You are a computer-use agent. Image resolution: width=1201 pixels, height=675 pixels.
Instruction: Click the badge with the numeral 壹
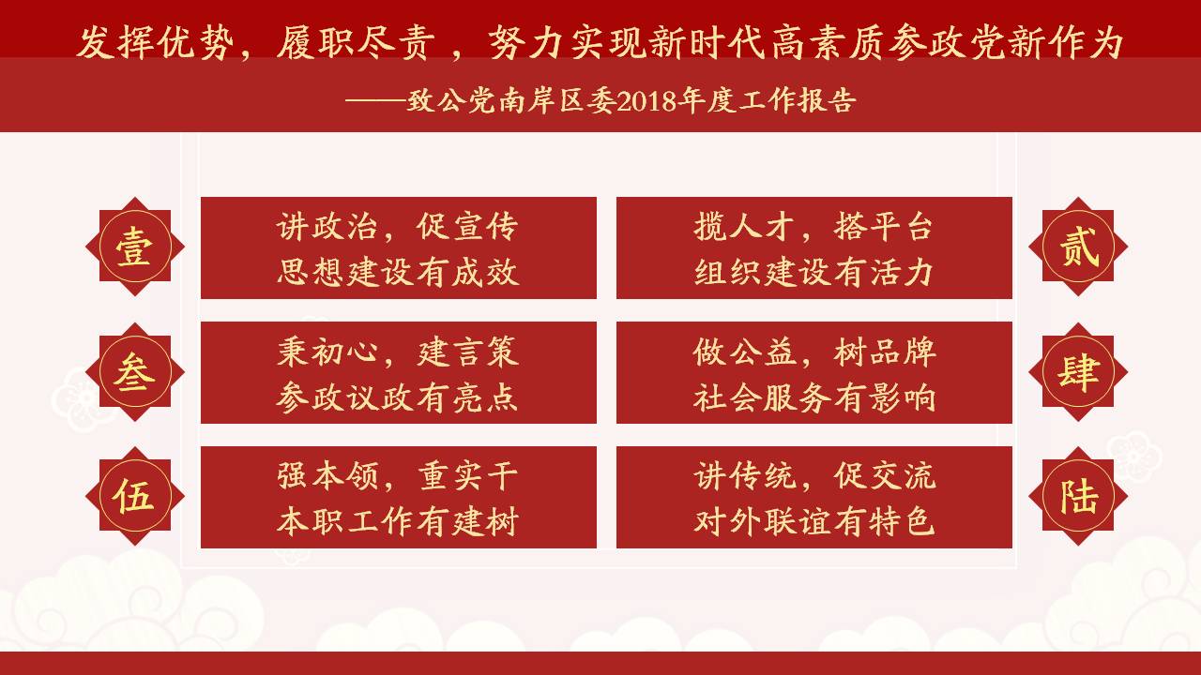(135, 247)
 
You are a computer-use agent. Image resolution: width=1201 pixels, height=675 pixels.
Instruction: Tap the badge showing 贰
(1078, 247)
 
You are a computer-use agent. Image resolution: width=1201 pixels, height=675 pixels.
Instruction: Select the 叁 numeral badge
(135, 372)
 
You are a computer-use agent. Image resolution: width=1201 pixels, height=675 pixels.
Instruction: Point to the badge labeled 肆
(1078, 372)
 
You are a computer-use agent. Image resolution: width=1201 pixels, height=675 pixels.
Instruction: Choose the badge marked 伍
(135, 496)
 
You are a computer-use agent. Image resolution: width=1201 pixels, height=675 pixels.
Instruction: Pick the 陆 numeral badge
(1078, 496)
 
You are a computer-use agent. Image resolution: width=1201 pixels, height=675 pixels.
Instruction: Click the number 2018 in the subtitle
(646, 100)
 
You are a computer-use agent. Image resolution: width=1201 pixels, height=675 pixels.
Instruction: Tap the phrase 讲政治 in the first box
(327, 227)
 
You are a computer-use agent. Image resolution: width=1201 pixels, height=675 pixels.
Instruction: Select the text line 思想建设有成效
(398, 272)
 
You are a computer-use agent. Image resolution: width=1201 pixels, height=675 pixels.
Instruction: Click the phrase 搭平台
(883, 227)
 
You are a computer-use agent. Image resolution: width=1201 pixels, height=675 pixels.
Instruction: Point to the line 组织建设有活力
(813, 272)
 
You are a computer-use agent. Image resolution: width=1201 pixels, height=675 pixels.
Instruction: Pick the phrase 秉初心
(327, 352)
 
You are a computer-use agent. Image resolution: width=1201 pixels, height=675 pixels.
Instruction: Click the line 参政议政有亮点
(397, 397)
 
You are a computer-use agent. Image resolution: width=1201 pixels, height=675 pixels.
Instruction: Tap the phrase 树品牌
(885, 352)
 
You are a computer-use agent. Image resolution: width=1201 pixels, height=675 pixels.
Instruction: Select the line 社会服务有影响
(814, 397)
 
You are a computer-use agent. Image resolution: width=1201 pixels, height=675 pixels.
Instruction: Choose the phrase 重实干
(467, 476)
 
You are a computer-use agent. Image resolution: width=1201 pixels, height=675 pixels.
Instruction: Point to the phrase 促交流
(885, 476)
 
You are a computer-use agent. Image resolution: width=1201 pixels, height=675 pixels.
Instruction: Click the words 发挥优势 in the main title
(156, 43)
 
